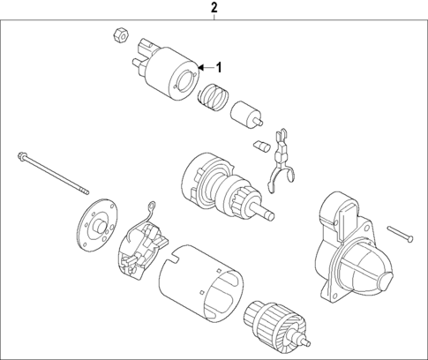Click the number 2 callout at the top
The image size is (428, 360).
[214, 9]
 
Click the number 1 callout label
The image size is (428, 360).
[221, 67]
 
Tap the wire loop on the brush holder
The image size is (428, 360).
[152, 211]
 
